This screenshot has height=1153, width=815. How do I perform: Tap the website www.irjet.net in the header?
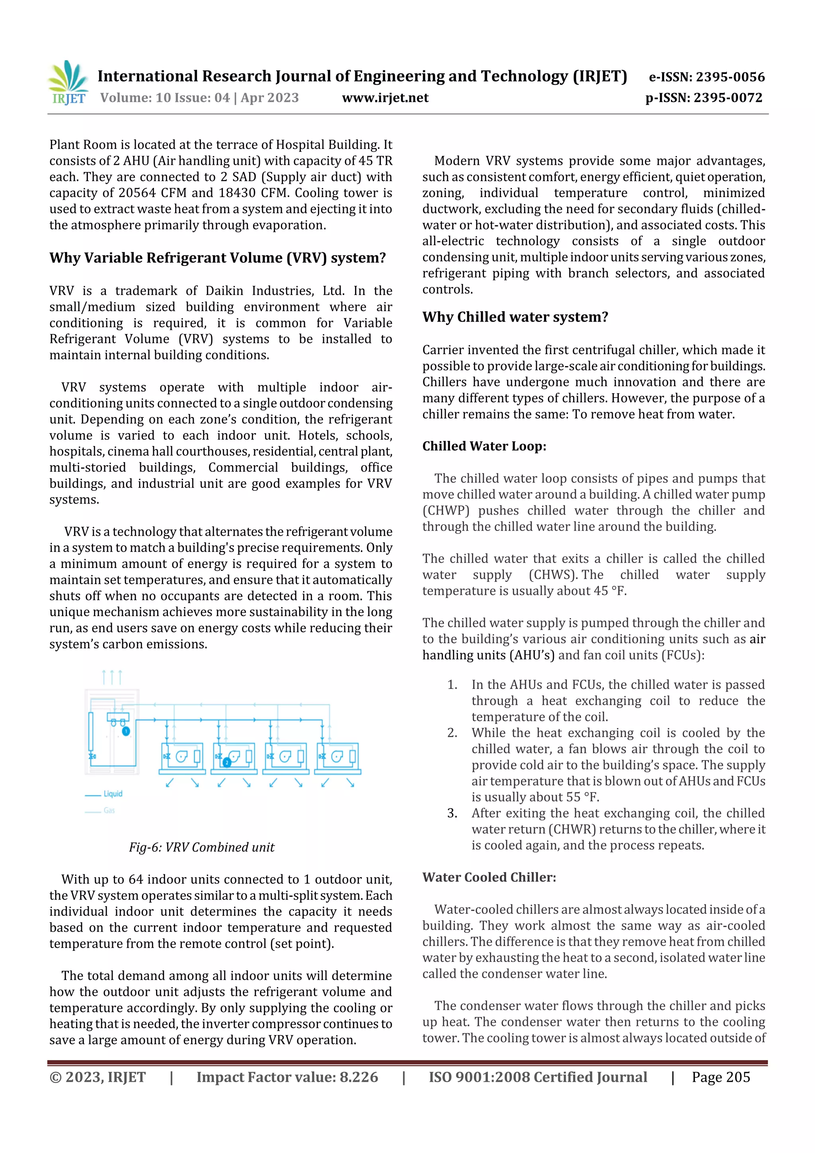(385, 98)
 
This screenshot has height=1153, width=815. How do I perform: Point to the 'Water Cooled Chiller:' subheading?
(489, 877)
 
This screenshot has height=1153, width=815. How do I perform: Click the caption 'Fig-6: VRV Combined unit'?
(201, 847)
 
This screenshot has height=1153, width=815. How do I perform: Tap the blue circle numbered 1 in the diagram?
(126, 731)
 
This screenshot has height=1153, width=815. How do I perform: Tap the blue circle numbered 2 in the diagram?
(227, 762)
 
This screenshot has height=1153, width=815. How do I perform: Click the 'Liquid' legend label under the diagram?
(113, 794)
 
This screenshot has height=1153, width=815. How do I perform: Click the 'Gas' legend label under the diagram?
(109, 810)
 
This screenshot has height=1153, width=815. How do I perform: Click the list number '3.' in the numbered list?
(452, 813)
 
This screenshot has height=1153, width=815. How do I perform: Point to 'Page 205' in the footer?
(721, 1077)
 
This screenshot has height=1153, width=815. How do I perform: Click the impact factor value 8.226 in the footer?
(359, 1077)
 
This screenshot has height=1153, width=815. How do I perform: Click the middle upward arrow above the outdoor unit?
(111, 677)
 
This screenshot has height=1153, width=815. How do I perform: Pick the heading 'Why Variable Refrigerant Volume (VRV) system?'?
(217, 258)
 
